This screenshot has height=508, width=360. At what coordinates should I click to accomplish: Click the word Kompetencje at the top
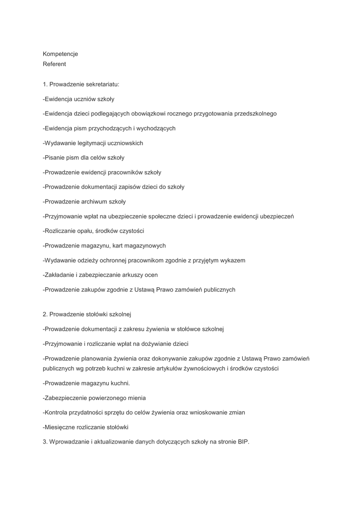pyautogui.click(x=60, y=54)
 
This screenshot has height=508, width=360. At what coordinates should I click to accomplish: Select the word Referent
pyautogui.click(x=54, y=64)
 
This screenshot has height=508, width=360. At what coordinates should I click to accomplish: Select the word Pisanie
pyautogui.click(x=55, y=158)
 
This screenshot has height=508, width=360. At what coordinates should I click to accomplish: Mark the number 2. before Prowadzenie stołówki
pyautogui.click(x=45, y=314)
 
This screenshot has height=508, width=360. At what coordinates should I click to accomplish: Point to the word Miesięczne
pyautogui.click(x=61, y=427)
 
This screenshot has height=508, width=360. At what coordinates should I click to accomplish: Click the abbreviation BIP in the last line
pyautogui.click(x=242, y=442)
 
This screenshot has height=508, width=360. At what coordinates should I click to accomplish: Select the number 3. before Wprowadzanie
pyautogui.click(x=45, y=442)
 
